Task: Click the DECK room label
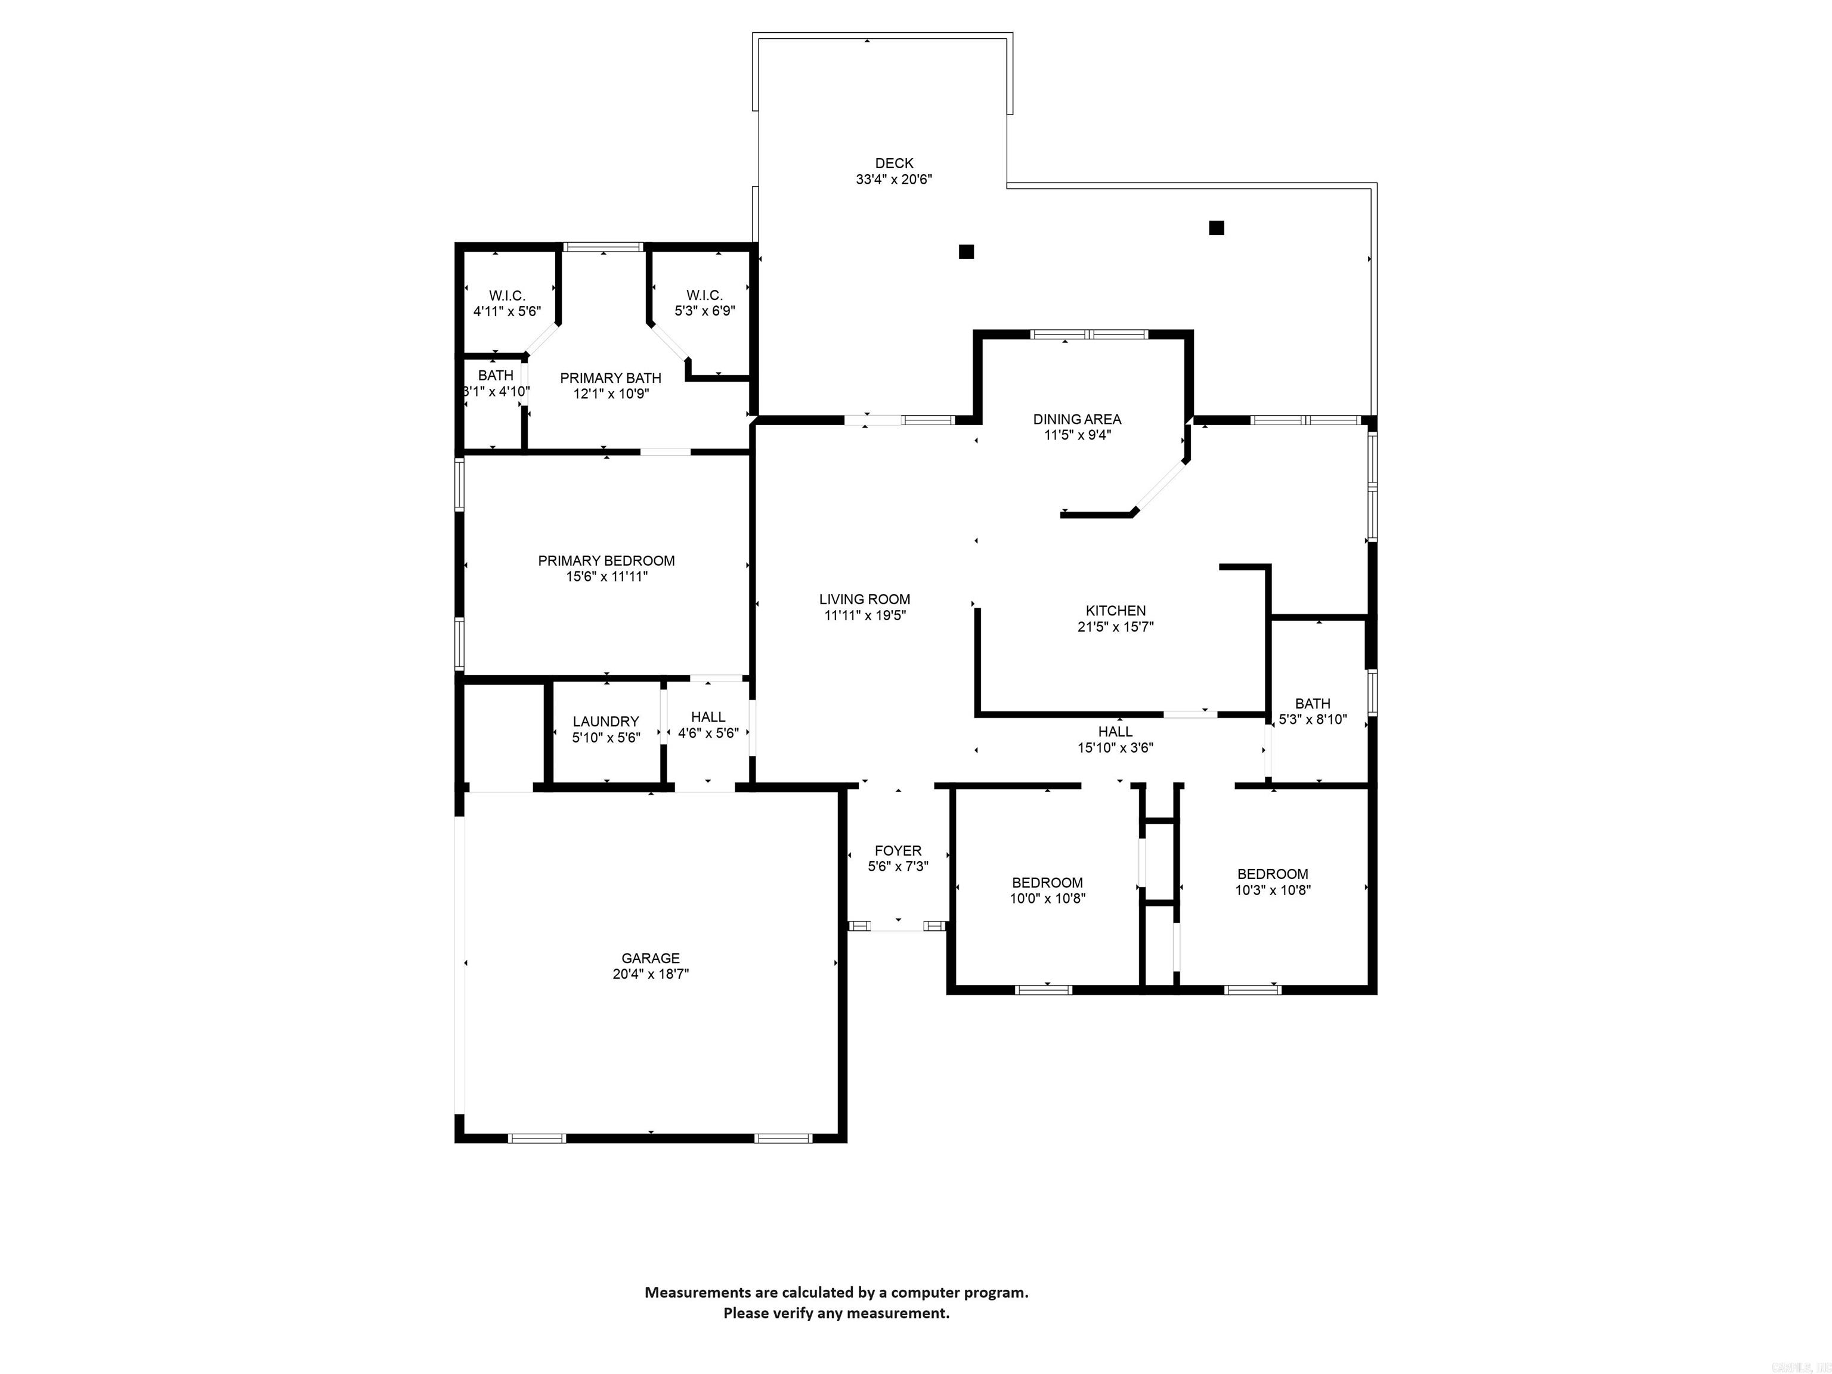coord(894,163)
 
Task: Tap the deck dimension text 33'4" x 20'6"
coord(894,180)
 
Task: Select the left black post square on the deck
coord(965,252)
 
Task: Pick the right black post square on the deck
coord(1216,228)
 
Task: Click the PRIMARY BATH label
coord(611,377)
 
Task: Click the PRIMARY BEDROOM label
coord(606,561)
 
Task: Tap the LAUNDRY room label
coord(605,722)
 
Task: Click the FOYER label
coord(898,850)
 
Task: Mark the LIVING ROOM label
coord(865,599)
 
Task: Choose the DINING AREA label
coord(1076,419)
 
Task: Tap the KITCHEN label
coord(1116,611)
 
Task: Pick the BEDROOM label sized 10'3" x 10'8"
coord(1272,874)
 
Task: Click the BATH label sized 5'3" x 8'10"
coord(1313,703)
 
